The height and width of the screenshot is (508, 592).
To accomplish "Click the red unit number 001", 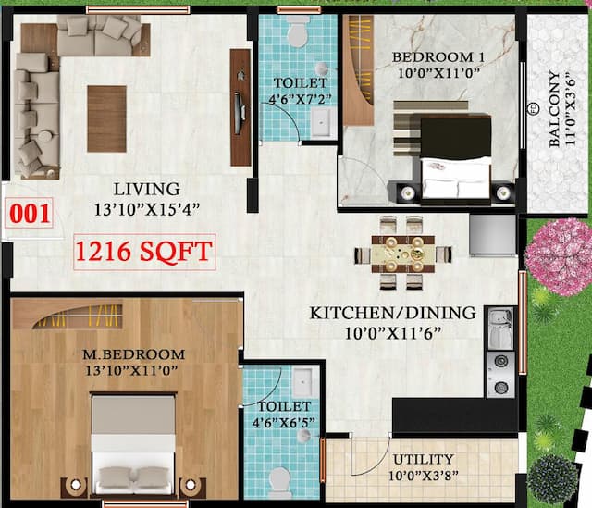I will point(31,213).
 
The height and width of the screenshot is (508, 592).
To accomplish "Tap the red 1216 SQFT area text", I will point(144,250).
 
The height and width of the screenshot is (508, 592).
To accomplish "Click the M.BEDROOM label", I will point(134,353).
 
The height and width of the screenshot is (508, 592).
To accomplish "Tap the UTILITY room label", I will point(423,459).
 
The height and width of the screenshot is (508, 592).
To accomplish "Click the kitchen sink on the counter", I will point(499,328).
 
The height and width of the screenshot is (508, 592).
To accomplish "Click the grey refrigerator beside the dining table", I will point(491,235).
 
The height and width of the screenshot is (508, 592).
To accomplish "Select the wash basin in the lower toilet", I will point(302,381).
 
